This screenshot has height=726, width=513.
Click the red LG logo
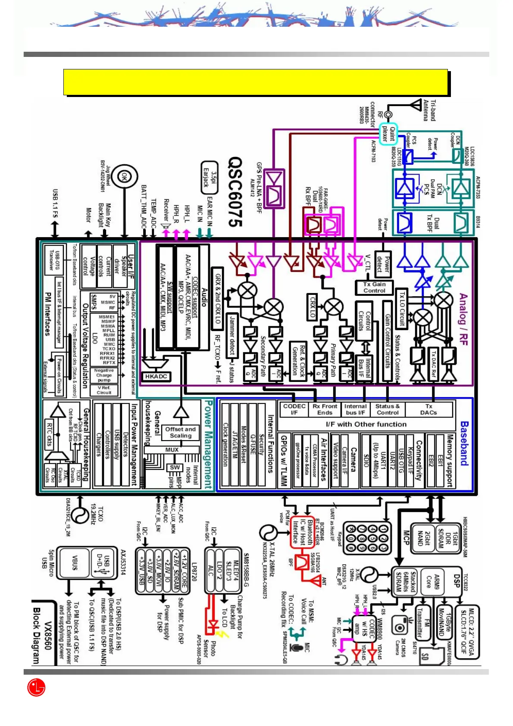click(36, 687)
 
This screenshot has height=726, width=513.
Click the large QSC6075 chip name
click(235, 192)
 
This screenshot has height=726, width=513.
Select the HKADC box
click(156, 376)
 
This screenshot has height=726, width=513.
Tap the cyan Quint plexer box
click(388, 134)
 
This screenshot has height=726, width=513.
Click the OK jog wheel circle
click(124, 176)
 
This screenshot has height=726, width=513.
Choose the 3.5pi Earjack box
click(210, 176)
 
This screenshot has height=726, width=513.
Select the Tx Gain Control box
click(374, 287)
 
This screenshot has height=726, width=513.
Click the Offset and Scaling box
click(180, 432)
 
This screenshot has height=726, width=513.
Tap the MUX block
click(172, 450)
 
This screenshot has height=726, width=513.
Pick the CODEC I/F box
click(294, 409)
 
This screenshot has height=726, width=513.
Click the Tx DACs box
click(429, 409)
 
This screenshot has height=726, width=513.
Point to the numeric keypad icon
click(367, 538)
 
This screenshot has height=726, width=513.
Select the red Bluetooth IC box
click(303, 532)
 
